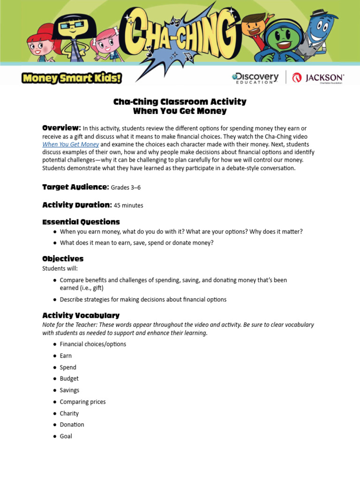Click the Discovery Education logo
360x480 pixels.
(x=255, y=78)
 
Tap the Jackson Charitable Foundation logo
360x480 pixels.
(x=318, y=78)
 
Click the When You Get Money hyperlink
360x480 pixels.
(x=70, y=144)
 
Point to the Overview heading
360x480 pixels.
(x=61, y=128)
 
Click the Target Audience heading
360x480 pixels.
(x=75, y=187)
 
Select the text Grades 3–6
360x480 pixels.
(x=126, y=187)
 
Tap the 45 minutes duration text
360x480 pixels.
(x=128, y=205)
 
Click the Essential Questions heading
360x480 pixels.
(x=81, y=222)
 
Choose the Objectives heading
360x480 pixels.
(x=63, y=259)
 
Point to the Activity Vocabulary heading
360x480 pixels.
(x=81, y=315)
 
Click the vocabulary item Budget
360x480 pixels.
(x=69, y=379)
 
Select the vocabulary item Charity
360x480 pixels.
(x=69, y=413)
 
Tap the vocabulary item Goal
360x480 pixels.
(x=66, y=436)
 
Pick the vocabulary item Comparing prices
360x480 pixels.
(x=82, y=402)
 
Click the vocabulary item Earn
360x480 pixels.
(x=66, y=356)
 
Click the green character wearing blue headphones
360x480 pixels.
(x=281, y=40)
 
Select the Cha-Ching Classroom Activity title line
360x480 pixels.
(x=180, y=102)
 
